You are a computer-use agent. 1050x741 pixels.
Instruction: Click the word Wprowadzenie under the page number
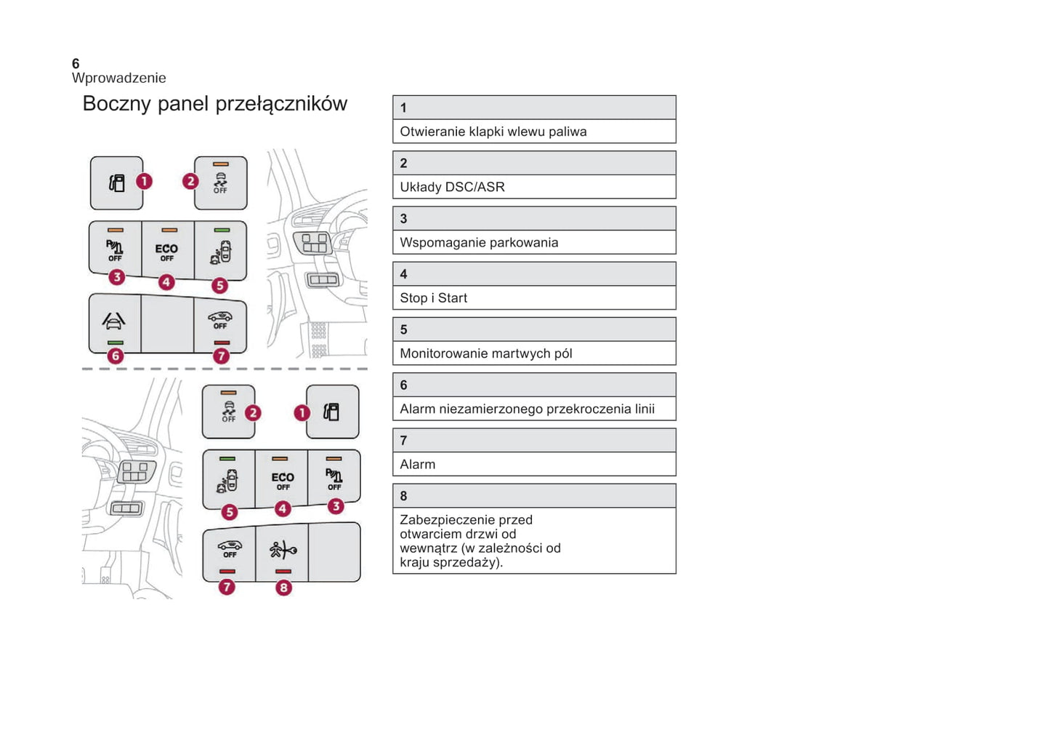[118, 78]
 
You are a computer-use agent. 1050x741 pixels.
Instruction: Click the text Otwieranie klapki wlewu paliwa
[493, 132]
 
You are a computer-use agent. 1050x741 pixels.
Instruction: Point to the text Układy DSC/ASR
[452, 187]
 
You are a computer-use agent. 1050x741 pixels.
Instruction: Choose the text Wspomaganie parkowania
[479, 242]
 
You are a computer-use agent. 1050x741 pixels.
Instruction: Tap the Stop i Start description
[433, 298]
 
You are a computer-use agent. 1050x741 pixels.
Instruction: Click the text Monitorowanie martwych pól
[485, 353]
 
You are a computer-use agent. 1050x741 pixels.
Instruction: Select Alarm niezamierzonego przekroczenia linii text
[527, 409]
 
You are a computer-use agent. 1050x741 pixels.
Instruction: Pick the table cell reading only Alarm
[418, 465]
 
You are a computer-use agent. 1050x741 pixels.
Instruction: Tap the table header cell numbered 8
[534, 496]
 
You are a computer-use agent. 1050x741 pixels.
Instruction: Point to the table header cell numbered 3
[534, 218]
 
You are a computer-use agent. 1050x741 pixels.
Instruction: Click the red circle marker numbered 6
[115, 356]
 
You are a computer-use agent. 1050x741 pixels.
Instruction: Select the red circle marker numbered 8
[283, 588]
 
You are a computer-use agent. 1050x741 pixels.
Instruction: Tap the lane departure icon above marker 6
[114, 320]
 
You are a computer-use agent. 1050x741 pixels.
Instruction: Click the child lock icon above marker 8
[282, 550]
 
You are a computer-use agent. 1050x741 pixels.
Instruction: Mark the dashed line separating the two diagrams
[225, 369]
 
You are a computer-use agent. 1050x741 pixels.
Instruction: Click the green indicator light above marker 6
[115, 343]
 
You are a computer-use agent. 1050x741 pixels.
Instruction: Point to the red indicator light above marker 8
[283, 572]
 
